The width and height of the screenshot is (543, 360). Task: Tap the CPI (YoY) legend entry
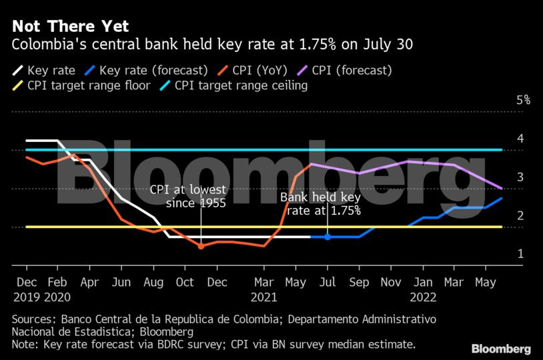click(x=257, y=70)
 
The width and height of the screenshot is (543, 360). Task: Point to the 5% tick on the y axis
click(x=523, y=100)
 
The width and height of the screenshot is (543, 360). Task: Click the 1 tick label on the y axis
click(x=520, y=255)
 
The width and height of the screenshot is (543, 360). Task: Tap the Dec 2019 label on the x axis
click(x=27, y=289)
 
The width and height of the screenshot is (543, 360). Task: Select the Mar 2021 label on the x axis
click(x=264, y=289)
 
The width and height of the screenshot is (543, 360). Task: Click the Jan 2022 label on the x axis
click(x=423, y=289)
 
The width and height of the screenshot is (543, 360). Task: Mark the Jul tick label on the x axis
click(x=328, y=283)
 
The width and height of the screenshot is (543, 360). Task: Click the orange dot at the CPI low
click(x=201, y=246)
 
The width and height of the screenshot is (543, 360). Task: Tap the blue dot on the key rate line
click(x=328, y=237)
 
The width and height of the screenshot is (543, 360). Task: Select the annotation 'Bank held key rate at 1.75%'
click(x=320, y=204)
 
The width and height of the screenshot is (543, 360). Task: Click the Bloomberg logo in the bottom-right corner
click(x=501, y=349)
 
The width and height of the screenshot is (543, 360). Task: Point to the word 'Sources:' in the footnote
click(x=33, y=319)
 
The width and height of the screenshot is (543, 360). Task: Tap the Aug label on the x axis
click(x=153, y=283)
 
